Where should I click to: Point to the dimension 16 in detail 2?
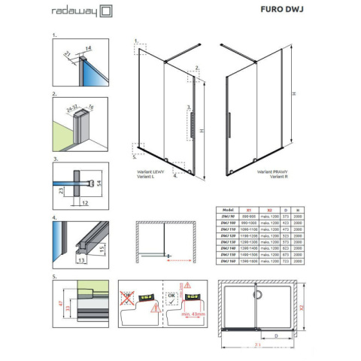tap(92, 108)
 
